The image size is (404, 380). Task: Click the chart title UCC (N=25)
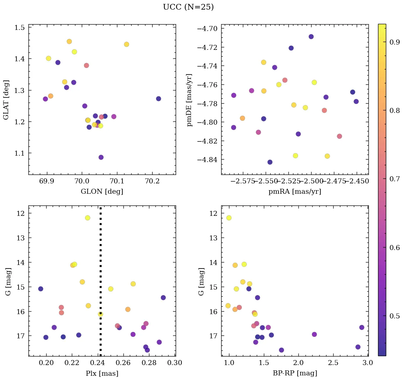(x=188, y=7)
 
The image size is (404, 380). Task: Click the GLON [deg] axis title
(x=102, y=192)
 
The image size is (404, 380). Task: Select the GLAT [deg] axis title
(x=6, y=99)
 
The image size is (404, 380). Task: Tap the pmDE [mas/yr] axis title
(x=190, y=100)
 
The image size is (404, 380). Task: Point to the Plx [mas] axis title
(x=102, y=373)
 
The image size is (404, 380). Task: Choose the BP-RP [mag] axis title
(x=294, y=373)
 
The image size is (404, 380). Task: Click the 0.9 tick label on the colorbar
(x=394, y=42)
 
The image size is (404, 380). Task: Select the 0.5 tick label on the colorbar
(x=394, y=316)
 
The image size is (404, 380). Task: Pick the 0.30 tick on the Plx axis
(x=175, y=363)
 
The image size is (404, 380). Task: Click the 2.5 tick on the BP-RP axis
(x=333, y=363)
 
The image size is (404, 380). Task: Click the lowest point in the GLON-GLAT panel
(x=101, y=157)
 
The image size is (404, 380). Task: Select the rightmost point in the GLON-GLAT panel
(x=159, y=99)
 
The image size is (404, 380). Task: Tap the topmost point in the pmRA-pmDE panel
(x=311, y=37)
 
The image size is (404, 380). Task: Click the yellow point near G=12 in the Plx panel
(x=87, y=218)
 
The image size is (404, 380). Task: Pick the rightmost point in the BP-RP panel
(x=362, y=327)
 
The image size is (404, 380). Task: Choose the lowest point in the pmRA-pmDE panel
(x=270, y=162)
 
